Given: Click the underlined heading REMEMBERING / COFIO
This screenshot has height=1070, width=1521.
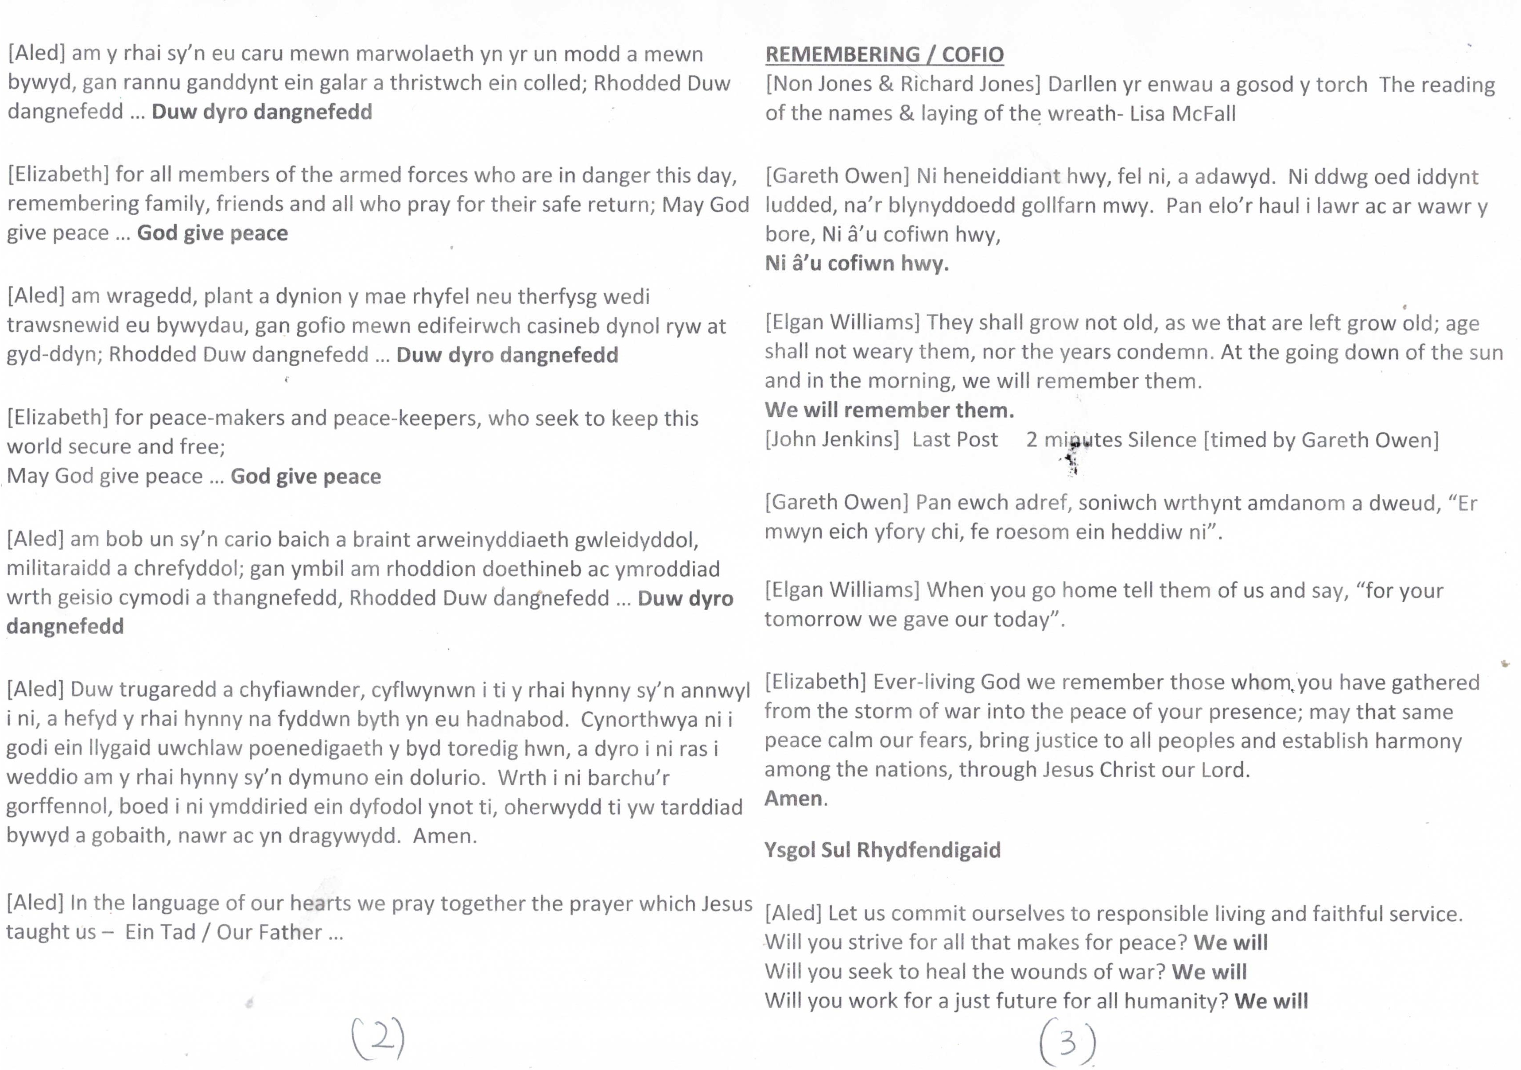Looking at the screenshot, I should tap(885, 54).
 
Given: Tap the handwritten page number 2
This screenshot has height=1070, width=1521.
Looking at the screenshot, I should tap(378, 1038).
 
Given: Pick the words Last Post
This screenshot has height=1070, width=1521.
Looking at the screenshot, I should tap(955, 440).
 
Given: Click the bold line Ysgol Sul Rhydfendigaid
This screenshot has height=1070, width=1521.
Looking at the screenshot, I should tap(882, 850).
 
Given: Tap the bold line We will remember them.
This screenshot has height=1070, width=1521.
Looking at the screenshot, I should tap(889, 410).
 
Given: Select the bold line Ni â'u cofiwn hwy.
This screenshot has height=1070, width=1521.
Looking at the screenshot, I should tap(857, 264).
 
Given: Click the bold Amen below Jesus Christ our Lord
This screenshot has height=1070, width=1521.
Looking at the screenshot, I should tap(794, 799).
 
